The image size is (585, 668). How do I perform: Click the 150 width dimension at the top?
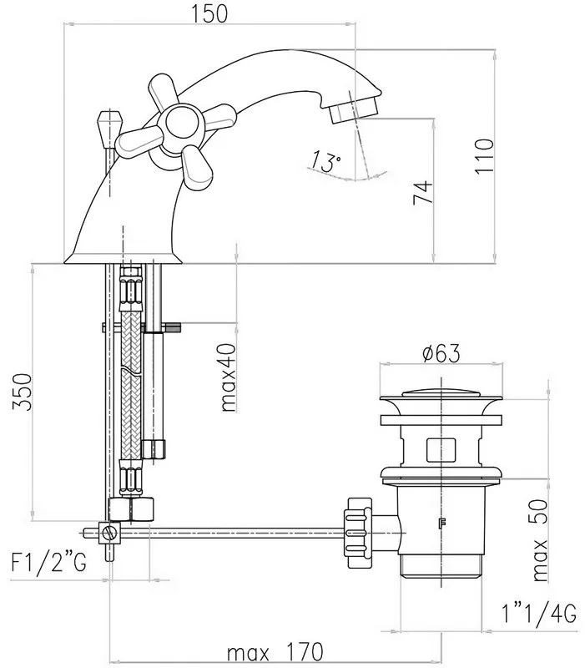209,13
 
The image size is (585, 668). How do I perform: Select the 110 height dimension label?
485,155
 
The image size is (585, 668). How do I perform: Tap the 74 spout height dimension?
423,193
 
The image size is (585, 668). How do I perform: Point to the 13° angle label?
325,161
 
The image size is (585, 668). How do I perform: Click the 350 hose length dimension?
23,392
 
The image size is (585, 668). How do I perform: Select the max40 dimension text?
228,377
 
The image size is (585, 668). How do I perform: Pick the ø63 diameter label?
441,353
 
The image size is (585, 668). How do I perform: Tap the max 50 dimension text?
540,540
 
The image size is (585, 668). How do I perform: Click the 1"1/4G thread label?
539,614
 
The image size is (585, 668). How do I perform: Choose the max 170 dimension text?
275,652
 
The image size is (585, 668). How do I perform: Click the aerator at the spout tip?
354,109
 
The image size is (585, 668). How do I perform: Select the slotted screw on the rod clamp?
110,533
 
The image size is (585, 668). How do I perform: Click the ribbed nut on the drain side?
358,533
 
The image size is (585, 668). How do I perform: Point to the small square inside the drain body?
441,450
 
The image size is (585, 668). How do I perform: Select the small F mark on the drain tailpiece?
441,523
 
